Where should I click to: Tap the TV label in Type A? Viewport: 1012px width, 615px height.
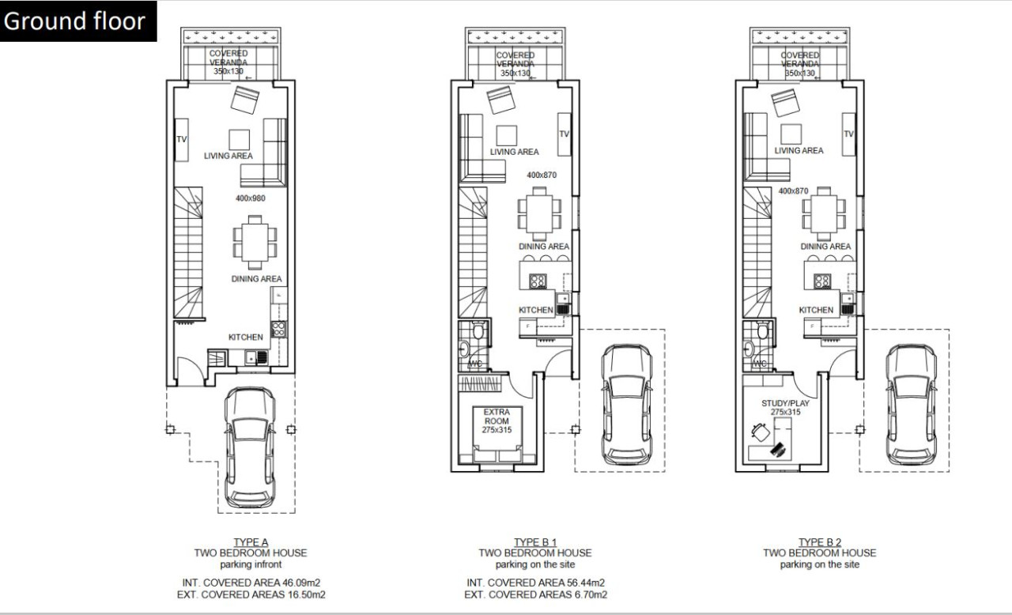point(181,139)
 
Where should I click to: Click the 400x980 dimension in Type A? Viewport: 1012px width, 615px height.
point(250,198)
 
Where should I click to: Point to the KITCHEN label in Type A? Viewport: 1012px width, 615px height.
point(245,338)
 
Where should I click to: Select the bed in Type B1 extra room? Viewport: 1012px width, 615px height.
point(497,451)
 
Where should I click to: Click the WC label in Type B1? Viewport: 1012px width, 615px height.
point(476,364)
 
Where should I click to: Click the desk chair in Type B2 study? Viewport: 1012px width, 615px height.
point(761,432)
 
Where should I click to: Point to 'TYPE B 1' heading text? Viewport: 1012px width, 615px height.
point(534,541)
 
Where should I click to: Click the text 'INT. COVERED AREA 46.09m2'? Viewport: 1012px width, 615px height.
point(250,583)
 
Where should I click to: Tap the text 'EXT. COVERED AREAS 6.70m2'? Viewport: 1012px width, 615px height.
point(535,594)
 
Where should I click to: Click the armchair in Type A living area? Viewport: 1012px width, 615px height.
point(245,100)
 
